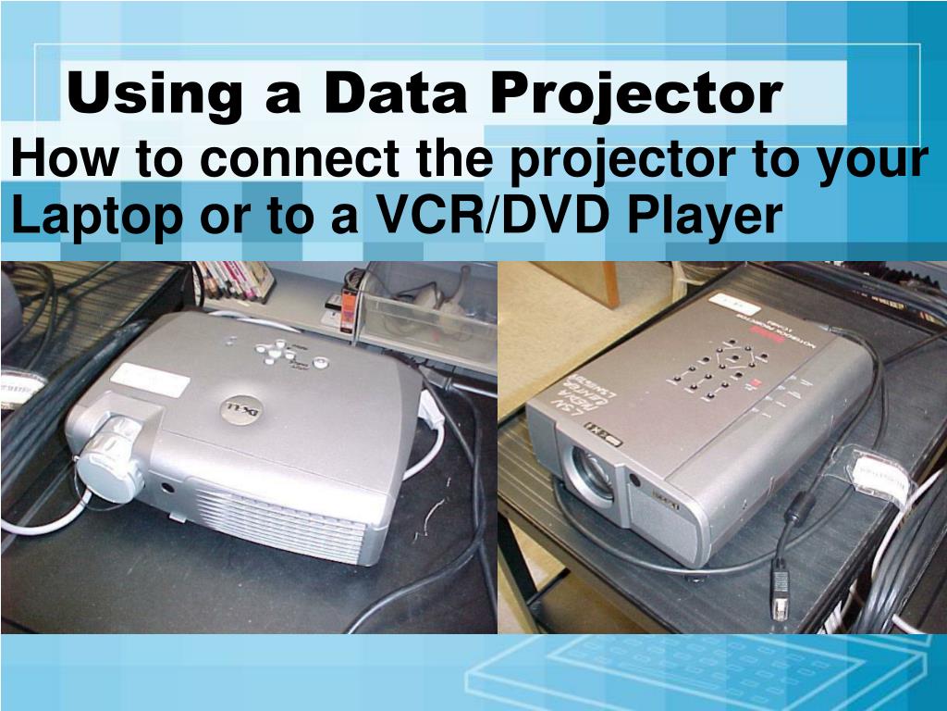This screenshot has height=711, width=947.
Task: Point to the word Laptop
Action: pos(89,217)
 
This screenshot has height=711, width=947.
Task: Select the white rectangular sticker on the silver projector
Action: pos(150,380)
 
